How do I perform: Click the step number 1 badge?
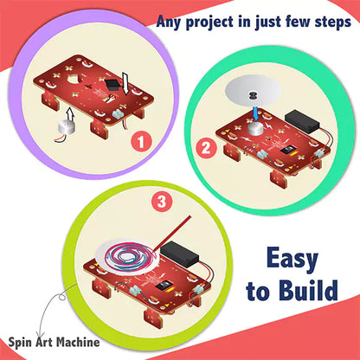point(141,142)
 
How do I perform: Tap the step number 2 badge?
point(206,148)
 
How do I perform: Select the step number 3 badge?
point(162,202)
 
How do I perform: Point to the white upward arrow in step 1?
point(69,115)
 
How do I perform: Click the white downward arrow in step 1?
point(125,83)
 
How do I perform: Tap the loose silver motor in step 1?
point(66,128)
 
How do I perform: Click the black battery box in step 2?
point(303,122)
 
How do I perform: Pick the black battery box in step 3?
point(180,254)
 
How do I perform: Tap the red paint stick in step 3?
point(172,233)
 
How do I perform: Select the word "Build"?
point(309,290)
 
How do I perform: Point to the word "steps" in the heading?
point(332,22)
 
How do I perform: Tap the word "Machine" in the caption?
point(77,342)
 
